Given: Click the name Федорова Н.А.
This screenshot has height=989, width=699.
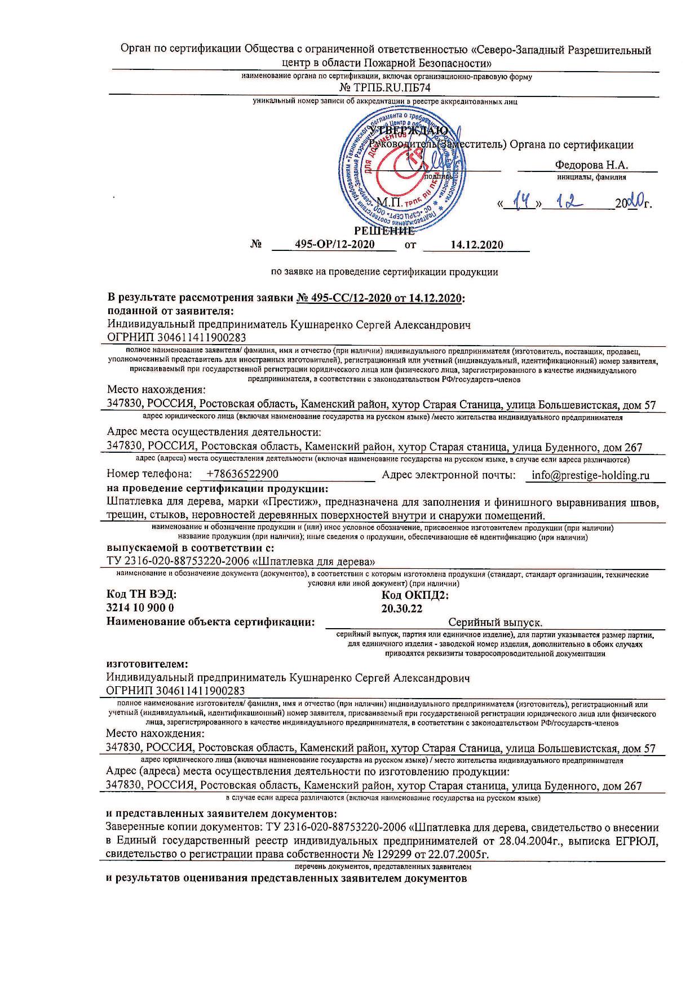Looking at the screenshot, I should click(x=591, y=165).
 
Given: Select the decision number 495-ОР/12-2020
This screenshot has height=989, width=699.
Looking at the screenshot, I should click(x=335, y=244).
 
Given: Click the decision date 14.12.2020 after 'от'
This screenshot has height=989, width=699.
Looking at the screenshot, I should click(x=477, y=244).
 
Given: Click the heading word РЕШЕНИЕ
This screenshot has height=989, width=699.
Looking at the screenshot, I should click(x=384, y=231).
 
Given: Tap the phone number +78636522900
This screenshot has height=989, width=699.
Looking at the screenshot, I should click(x=243, y=475).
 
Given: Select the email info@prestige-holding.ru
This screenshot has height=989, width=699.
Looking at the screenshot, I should click(x=590, y=475).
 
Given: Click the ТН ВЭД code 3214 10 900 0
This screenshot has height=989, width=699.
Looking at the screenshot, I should click(x=140, y=608).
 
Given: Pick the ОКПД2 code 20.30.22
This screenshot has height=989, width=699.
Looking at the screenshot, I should click(x=402, y=608).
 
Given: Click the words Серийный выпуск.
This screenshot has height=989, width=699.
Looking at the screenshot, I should click(x=495, y=622).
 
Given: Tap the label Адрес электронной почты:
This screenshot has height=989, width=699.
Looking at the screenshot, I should click(x=449, y=475).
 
